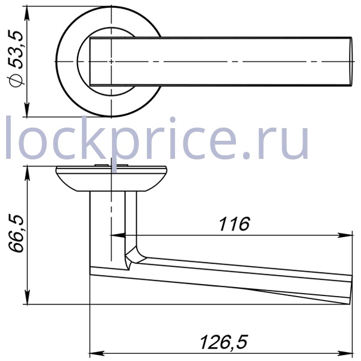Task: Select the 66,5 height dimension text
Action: (x=16, y=233)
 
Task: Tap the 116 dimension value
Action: (x=234, y=224)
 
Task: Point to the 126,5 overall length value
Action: (x=224, y=342)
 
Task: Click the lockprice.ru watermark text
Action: (x=157, y=138)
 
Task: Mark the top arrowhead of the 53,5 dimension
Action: (x=27, y=13)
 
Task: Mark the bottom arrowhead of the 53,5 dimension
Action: (x=27, y=110)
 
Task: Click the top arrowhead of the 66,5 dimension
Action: (x=27, y=173)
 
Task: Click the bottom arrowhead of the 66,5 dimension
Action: (x=27, y=297)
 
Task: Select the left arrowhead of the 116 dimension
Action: (x=118, y=235)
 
